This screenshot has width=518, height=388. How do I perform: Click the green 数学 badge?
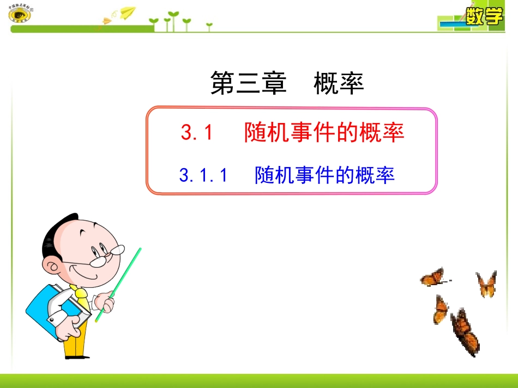[484, 16]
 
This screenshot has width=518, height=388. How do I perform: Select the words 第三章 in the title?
[248, 84]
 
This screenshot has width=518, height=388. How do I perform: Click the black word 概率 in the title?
[339, 84]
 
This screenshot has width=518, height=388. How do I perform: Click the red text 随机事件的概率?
[324, 133]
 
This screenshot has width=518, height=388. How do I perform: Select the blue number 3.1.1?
[202, 175]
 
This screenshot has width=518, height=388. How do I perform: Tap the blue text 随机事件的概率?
[324, 175]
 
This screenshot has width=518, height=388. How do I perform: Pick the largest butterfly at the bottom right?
[465, 332]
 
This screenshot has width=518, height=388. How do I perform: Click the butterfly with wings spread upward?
[486, 284]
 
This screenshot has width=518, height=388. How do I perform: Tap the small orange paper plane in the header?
[106, 21]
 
